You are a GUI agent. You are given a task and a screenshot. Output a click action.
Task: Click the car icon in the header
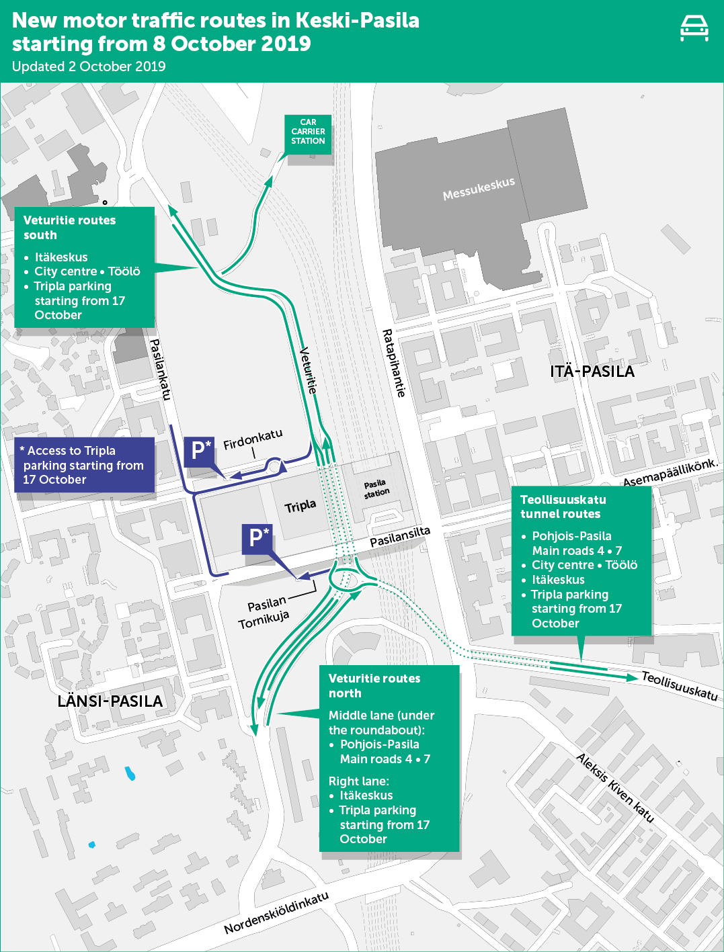pyautogui.click(x=694, y=28)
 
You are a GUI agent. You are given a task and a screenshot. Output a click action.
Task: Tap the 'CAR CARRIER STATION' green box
pyautogui.click(x=308, y=134)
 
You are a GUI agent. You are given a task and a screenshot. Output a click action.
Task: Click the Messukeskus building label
pyautogui.click(x=479, y=189)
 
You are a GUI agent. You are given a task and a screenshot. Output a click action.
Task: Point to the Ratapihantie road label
pyautogui.click(x=394, y=363)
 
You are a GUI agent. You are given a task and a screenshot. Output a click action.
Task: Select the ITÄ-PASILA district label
pyautogui.click(x=592, y=372)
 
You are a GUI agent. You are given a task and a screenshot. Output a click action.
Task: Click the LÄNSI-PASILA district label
pyautogui.click(x=110, y=701)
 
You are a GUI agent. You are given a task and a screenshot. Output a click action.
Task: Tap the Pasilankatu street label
pyautogui.click(x=160, y=369)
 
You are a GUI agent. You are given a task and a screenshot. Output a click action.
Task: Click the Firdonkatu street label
pyautogui.click(x=253, y=439)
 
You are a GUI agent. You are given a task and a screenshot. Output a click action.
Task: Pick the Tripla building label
pyautogui.click(x=300, y=506)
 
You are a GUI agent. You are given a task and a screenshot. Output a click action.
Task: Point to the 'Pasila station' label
pyautogui.click(x=376, y=489)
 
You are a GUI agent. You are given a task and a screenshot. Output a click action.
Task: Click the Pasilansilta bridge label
pyautogui.click(x=400, y=537)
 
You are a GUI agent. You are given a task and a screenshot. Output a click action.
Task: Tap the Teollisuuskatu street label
pyautogui.click(x=680, y=685)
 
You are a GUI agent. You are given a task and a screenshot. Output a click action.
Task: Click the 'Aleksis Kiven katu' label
pyautogui.click(x=615, y=788)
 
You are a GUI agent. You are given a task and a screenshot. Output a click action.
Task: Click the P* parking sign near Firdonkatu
pyautogui.click(x=200, y=451)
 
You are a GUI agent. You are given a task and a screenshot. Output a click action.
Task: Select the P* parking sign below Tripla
pyautogui.click(x=257, y=539)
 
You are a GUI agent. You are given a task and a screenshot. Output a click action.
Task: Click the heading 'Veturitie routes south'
pyautogui.click(x=69, y=227)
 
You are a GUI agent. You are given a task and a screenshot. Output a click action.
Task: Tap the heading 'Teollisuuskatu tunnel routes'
pyautogui.click(x=563, y=507)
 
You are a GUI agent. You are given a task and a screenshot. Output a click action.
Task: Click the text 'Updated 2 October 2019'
pyautogui.click(x=89, y=67)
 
